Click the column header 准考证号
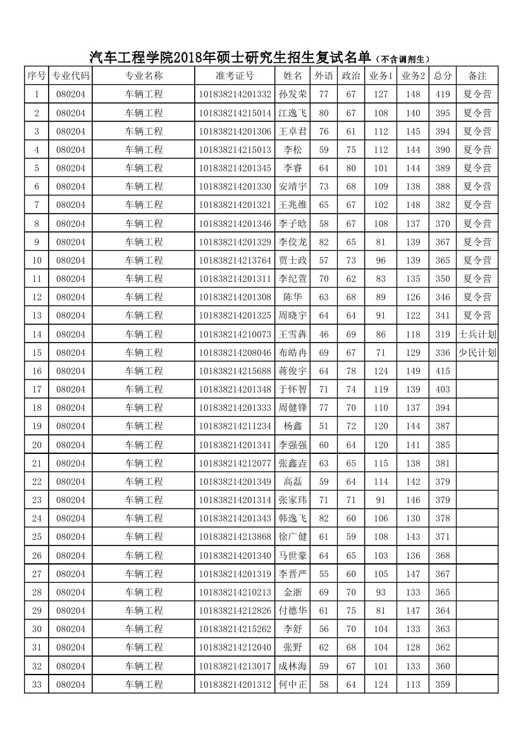point(235,76)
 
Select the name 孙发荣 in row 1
point(293,94)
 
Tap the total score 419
point(443,94)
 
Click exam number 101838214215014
point(235,113)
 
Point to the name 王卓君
point(293,131)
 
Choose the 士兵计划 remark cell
point(477,334)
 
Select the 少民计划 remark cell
point(477,353)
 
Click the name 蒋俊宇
point(293,371)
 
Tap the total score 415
point(443,371)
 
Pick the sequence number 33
point(37,684)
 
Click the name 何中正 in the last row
point(293,684)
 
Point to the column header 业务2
point(413,76)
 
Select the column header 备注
point(477,76)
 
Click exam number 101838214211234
point(235,426)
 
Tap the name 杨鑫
point(293,426)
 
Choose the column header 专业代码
point(70,76)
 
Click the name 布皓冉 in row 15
point(293,353)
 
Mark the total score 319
point(443,334)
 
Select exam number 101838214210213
point(235,592)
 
